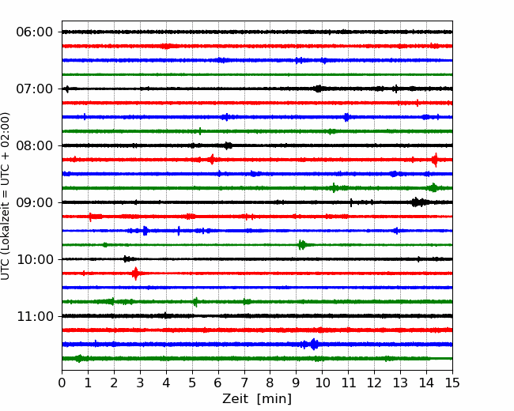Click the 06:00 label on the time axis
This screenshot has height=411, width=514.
click(35, 32)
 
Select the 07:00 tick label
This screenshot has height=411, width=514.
click(35, 89)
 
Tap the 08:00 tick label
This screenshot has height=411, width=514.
click(35, 145)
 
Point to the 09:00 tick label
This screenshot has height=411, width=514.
click(35, 202)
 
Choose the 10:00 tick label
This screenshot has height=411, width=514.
click(35, 259)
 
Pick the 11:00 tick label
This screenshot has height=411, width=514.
click(35, 316)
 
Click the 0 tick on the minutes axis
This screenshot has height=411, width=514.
click(62, 383)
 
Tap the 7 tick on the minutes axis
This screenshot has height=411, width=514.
click(244, 383)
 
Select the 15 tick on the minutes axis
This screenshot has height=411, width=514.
click(452, 383)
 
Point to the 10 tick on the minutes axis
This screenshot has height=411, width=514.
click(322, 383)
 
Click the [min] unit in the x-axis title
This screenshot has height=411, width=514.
click(274, 399)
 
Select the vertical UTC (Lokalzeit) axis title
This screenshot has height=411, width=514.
click(6, 196)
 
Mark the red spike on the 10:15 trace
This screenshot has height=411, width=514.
click(135, 273)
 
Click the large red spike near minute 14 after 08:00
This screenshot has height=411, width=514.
click(435, 160)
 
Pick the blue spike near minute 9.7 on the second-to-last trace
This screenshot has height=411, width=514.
click(314, 344)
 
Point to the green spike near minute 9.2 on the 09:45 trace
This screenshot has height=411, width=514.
click(302, 245)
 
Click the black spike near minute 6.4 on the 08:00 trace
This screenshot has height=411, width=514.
click(229, 145)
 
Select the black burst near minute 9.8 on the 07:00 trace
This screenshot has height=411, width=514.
click(319, 89)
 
